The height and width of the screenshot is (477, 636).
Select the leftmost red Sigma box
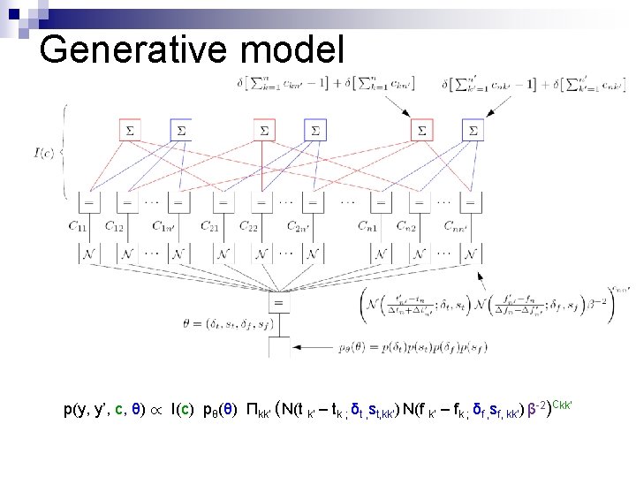(x=130, y=131)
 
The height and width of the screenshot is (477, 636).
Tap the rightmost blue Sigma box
(x=473, y=131)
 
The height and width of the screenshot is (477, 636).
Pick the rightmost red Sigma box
(x=422, y=131)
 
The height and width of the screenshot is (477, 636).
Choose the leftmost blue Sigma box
(x=180, y=131)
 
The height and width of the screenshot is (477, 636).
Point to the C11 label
(x=80, y=226)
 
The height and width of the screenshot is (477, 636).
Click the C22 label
(x=249, y=226)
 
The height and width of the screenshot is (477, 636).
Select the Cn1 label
(x=368, y=226)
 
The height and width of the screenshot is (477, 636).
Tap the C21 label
(x=210, y=226)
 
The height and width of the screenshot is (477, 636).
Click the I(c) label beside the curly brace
(x=42, y=151)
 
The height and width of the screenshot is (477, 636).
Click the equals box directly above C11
(x=88, y=202)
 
